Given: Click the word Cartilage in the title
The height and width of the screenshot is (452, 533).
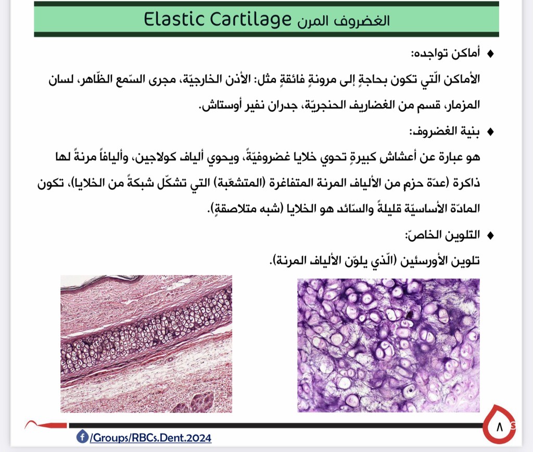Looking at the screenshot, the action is click(250, 20).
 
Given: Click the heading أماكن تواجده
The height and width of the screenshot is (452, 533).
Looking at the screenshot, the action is click(446, 54).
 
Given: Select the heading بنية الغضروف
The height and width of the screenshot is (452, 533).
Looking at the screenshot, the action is click(445, 132).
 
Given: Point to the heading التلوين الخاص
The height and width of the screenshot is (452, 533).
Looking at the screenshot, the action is click(442, 235).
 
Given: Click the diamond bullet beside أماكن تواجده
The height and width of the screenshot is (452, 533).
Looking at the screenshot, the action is click(490, 54).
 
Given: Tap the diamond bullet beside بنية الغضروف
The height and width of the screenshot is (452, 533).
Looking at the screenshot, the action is click(490, 132).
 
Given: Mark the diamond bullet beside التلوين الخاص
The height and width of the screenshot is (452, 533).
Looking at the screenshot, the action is click(490, 235).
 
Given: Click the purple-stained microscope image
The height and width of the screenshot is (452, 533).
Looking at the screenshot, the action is click(388, 345).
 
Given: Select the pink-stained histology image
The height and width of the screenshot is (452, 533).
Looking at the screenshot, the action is click(146, 344).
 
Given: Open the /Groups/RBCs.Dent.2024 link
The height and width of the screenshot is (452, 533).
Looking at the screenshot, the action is click(150, 437).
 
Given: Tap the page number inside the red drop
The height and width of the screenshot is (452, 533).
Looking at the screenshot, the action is click(499, 427).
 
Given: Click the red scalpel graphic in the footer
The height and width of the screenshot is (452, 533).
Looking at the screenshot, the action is click(46, 424).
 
